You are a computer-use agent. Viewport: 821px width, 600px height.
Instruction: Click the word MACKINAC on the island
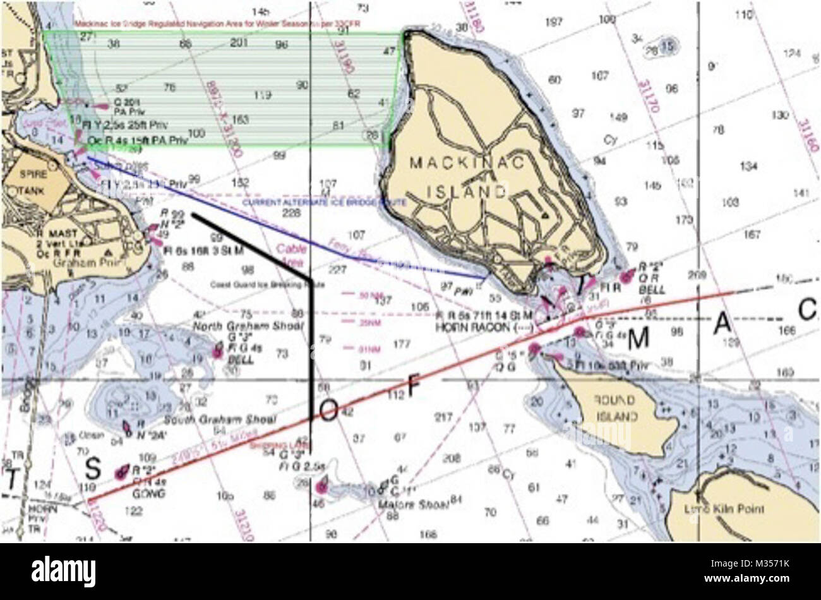click(x=467, y=163)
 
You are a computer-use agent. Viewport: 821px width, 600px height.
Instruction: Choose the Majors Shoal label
click(x=413, y=505)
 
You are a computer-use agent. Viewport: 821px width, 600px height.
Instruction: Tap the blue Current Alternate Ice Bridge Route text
click(x=325, y=203)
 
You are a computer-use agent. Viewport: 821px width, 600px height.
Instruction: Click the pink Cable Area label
click(x=291, y=255)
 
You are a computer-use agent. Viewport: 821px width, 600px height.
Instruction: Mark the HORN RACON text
click(x=468, y=328)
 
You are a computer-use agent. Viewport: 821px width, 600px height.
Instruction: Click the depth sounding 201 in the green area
click(x=238, y=43)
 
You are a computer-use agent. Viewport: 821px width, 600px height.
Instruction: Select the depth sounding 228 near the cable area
click(x=291, y=213)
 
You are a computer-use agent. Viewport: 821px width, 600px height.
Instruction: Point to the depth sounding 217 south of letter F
click(x=444, y=417)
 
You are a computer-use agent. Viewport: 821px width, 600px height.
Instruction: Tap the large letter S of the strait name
click(x=93, y=469)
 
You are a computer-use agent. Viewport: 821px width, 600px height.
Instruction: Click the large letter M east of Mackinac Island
click(x=638, y=339)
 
